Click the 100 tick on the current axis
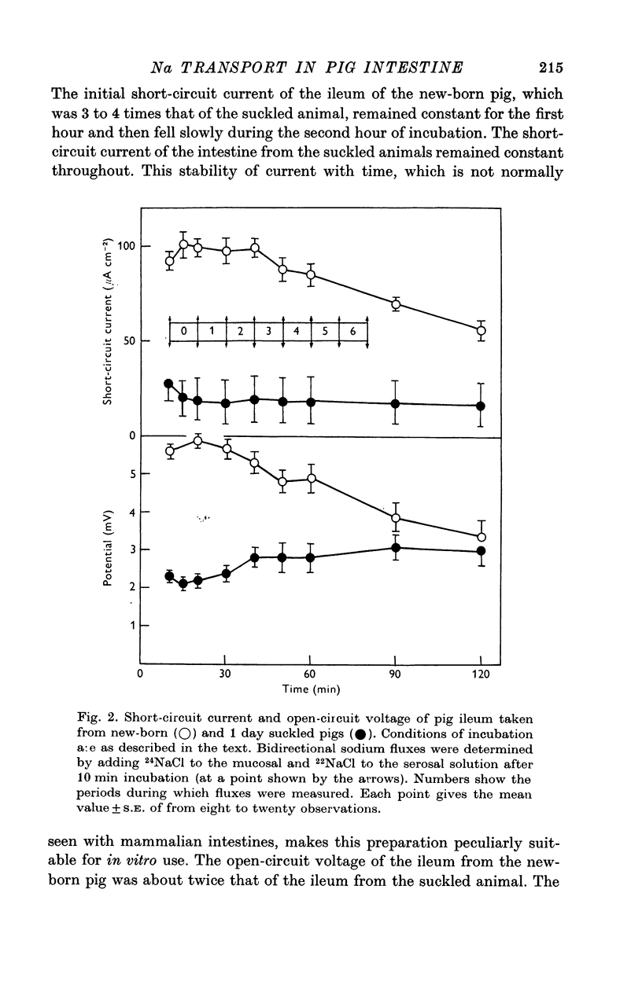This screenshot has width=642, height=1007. tap(126, 246)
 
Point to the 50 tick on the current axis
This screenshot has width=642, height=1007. tap(129, 340)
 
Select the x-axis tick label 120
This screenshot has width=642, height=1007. tap(481, 674)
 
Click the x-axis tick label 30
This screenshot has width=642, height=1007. tap(225, 674)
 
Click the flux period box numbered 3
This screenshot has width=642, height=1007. tap(268, 332)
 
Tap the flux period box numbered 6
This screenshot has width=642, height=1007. tap(353, 332)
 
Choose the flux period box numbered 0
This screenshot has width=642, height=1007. tap(183, 332)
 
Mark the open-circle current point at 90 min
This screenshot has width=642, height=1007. tap(396, 304)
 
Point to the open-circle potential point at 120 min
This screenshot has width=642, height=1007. tap(481, 537)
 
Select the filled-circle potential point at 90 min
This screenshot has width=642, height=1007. tap(396, 548)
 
